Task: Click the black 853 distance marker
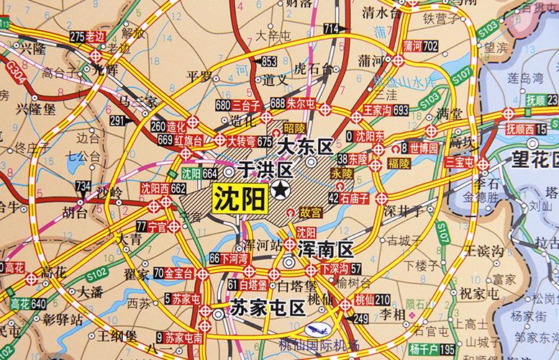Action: pos(268,60)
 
